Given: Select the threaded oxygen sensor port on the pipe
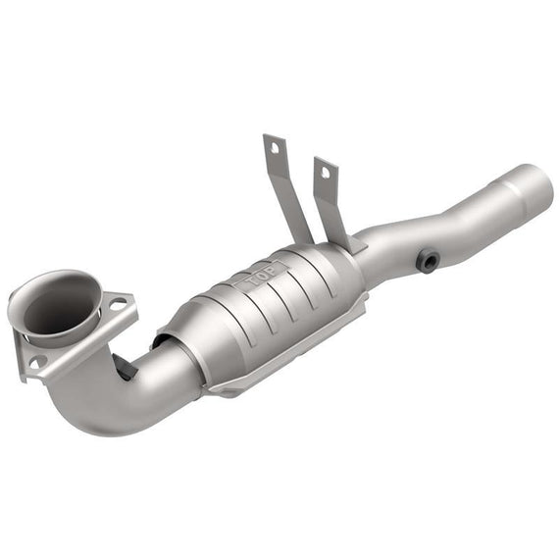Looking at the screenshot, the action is click(428, 262).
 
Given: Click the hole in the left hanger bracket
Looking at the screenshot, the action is click(275, 147).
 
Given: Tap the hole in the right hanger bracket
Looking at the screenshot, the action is click(326, 173).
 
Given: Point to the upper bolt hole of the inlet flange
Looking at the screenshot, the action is click(118, 305).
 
